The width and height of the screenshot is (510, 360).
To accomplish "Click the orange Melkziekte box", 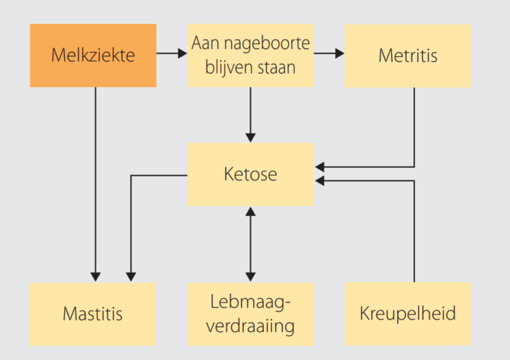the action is pyautogui.click(x=94, y=55).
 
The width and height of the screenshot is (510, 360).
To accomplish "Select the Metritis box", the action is pyautogui.click(x=408, y=55).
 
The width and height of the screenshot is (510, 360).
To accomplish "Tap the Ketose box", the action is pyautogui.click(x=250, y=174).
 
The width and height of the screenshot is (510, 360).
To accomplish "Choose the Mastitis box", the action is pyautogui.click(x=93, y=314).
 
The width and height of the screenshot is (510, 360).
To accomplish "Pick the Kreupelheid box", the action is pyautogui.click(x=408, y=313).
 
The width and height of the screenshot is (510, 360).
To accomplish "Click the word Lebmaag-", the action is pyautogui.click(x=250, y=302).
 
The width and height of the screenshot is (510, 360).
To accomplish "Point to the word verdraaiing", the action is pyautogui.click(x=250, y=325).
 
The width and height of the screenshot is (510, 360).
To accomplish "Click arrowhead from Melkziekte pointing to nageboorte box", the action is pyautogui.click(x=183, y=53).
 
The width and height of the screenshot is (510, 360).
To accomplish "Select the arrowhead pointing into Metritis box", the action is pyautogui.click(x=340, y=53).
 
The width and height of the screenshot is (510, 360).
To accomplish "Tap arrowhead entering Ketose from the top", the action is pyautogui.click(x=250, y=138).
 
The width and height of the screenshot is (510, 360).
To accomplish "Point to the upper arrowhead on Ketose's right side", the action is pyautogui.click(x=319, y=167).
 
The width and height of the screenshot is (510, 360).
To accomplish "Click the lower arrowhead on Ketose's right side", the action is pyautogui.click(x=319, y=181).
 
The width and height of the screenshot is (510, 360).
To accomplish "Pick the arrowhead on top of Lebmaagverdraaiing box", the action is pyautogui.click(x=250, y=277).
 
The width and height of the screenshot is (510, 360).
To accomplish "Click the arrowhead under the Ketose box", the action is pyautogui.click(x=250, y=211).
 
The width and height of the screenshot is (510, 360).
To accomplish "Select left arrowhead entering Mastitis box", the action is pyautogui.click(x=96, y=277).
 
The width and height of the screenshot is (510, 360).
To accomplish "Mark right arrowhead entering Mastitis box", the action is pyautogui.click(x=131, y=277).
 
